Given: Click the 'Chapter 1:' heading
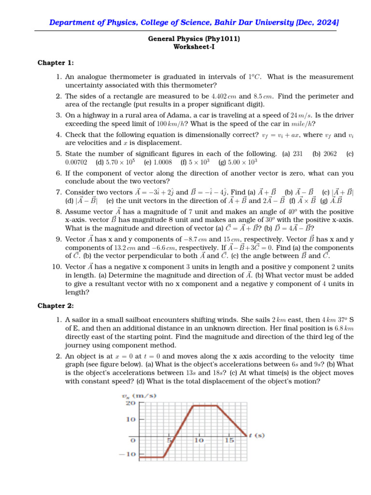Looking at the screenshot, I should click(56, 63).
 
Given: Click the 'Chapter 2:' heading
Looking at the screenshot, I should click(56, 306).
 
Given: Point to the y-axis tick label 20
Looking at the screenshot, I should click(130, 403).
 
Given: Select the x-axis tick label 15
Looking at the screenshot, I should click(229, 440).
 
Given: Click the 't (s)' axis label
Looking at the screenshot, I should click(257, 436).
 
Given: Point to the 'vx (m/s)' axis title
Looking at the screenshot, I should click(139, 396).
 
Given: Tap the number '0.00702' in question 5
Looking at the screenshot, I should click(77, 162).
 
